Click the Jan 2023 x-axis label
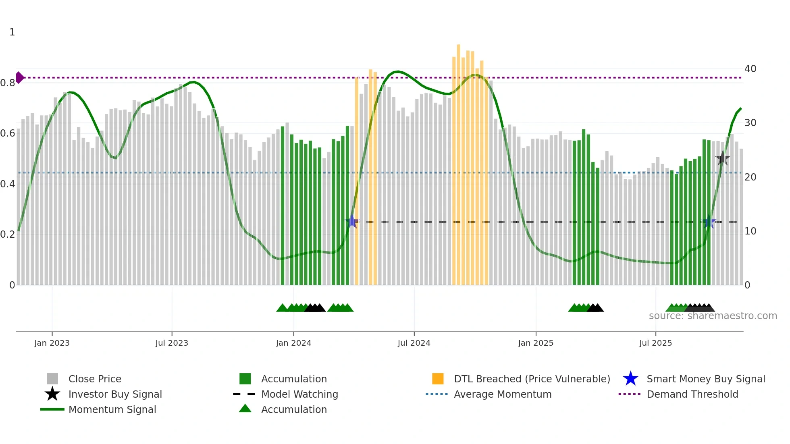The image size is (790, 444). [52, 343]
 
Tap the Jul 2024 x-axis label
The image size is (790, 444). [414, 343]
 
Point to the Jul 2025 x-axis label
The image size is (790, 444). [655, 343]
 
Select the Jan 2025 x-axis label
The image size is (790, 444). [536, 343]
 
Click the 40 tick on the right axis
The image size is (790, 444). [750, 69]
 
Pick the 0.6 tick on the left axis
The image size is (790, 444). [8, 133]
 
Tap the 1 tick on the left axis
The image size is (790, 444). [12, 32]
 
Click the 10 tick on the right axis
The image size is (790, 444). [750, 231]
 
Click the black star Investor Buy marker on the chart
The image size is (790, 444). [723, 158]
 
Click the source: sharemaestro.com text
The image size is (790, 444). [713, 316]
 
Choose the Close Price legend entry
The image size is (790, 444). [95, 379]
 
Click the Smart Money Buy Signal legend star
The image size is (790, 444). [630, 379]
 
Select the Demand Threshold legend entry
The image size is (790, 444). [692, 394]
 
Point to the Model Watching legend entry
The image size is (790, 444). [299, 394]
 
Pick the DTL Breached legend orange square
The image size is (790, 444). [438, 379]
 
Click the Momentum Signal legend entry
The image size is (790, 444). [112, 409]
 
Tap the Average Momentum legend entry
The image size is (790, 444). [503, 394]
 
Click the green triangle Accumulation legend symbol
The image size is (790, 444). [245, 409]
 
